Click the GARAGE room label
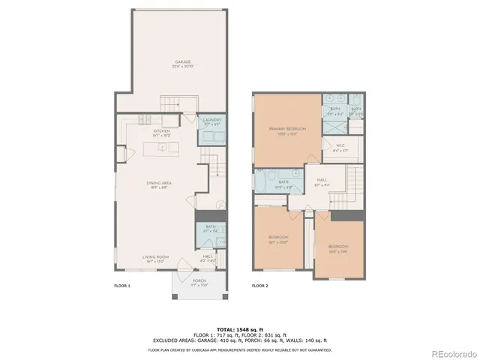coord(181,61)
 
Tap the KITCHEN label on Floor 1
coord(161,131)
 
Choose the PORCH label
coord(199,280)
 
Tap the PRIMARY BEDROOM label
coord(288,129)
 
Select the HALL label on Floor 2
coord(321,180)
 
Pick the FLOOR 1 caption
coord(122,286)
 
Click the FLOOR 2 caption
coord(259,286)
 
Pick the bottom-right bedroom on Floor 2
coord(337,247)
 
